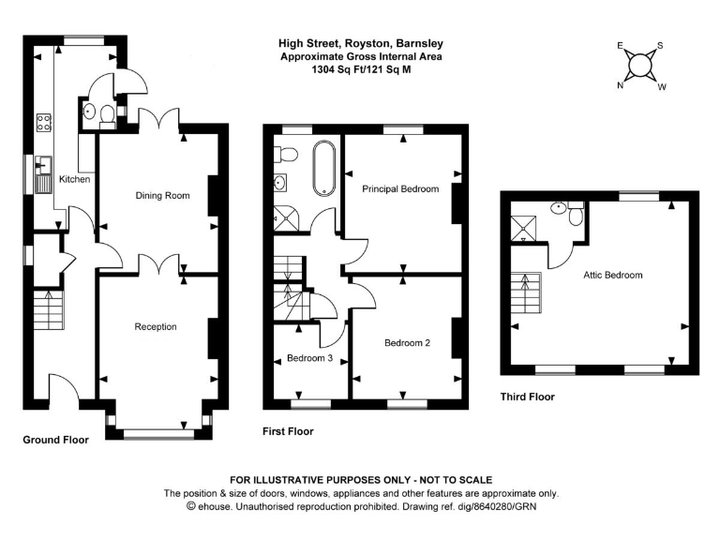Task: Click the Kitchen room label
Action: (x=74, y=179)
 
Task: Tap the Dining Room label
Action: (x=162, y=196)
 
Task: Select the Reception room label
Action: (x=156, y=326)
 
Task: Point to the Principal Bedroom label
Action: (x=400, y=189)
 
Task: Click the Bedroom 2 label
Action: (x=407, y=343)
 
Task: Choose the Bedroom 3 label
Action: (x=309, y=358)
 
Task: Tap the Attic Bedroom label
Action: (x=612, y=275)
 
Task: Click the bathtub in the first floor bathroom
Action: (x=323, y=169)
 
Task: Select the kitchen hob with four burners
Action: (x=44, y=122)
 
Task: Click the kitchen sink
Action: (x=43, y=175)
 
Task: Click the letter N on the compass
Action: (x=620, y=85)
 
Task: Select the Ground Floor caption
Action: (x=55, y=439)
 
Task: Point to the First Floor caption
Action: (x=288, y=431)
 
